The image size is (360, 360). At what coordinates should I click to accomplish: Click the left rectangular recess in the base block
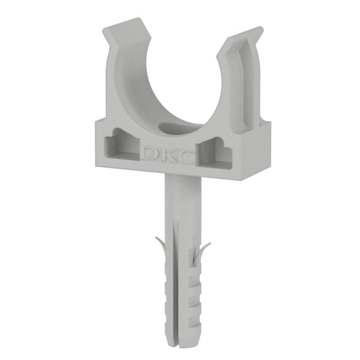122,145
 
